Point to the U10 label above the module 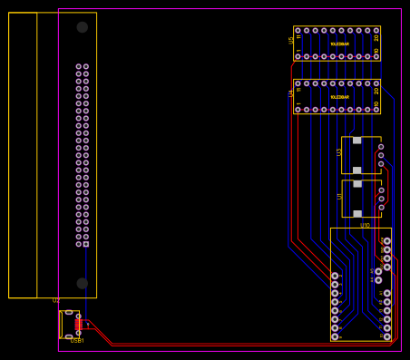click(365, 225)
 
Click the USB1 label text click(77, 341)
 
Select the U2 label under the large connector click(55, 300)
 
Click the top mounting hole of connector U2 click(83, 27)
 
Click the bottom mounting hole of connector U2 click(83, 283)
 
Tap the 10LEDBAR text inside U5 click(339, 44)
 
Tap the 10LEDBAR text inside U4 click(339, 96)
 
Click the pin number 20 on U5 click(376, 37)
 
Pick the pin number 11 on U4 click(298, 90)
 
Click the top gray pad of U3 click(357, 141)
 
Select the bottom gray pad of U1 click(357, 214)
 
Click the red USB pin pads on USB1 click(79, 325)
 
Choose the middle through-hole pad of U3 click(381, 155)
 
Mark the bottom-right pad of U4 click(376, 110)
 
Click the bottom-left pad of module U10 click(335, 336)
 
